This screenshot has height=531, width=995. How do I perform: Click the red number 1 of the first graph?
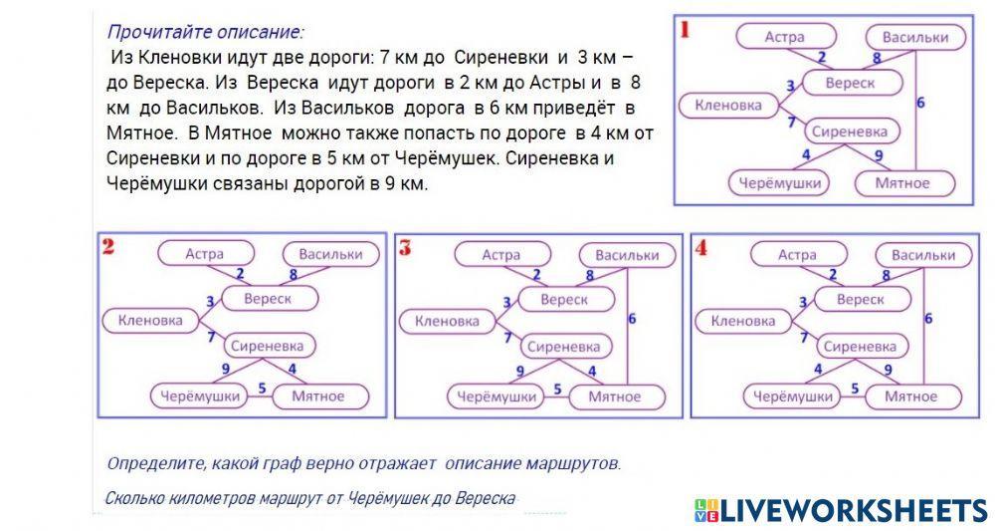[x=685, y=29]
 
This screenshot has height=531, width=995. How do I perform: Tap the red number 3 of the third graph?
[x=405, y=248]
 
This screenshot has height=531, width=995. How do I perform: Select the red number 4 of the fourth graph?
[x=701, y=248]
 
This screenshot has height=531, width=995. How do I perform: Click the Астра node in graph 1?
[x=785, y=38]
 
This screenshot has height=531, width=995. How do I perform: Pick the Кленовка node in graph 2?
[x=150, y=321]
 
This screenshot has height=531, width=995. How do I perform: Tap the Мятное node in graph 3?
[x=614, y=397]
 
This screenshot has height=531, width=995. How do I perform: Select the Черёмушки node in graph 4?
[x=792, y=397]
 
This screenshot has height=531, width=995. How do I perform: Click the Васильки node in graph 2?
[x=330, y=254]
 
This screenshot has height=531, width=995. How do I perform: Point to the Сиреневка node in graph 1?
[x=849, y=131]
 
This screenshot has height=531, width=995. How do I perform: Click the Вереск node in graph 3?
[x=564, y=299]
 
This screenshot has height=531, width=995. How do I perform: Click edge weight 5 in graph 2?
[x=262, y=387]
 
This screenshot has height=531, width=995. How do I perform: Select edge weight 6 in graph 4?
[x=928, y=319]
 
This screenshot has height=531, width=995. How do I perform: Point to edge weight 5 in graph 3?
[x=557, y=389]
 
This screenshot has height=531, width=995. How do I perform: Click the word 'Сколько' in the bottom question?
[x=133, y=498]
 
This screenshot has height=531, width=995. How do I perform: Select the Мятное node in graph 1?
[x=902, y=183]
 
